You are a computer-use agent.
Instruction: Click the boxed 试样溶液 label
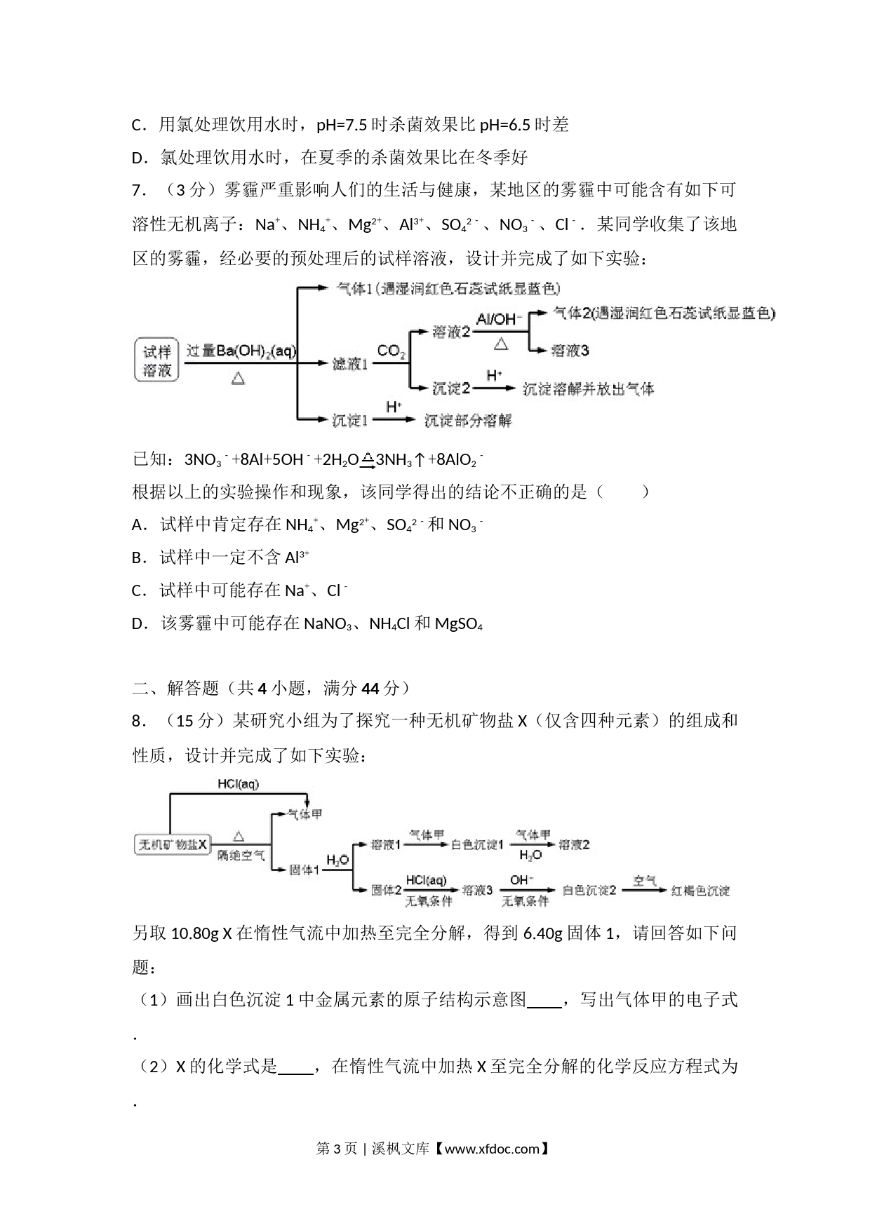click(156, 361)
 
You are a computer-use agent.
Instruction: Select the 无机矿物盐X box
click(173, 844)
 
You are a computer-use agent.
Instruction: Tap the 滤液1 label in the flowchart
click(349, 363)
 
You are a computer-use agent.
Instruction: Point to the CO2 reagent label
click(391, 352)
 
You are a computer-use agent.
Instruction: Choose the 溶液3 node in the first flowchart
click(570, 350)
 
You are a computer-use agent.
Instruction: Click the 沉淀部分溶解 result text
click(467, 420)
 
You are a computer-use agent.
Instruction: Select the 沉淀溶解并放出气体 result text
click(588, 388)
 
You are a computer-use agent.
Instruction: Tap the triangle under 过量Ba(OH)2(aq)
click(238, 379)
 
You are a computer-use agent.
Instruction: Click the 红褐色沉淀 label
click(700, 891)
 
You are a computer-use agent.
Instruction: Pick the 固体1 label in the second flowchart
click(304, 870)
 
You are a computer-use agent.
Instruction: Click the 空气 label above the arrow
click(644, 879)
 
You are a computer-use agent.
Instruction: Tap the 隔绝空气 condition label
click(241, 856)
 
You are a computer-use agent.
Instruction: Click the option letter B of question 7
click(137, 557)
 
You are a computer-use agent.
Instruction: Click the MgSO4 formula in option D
click(459, 624)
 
